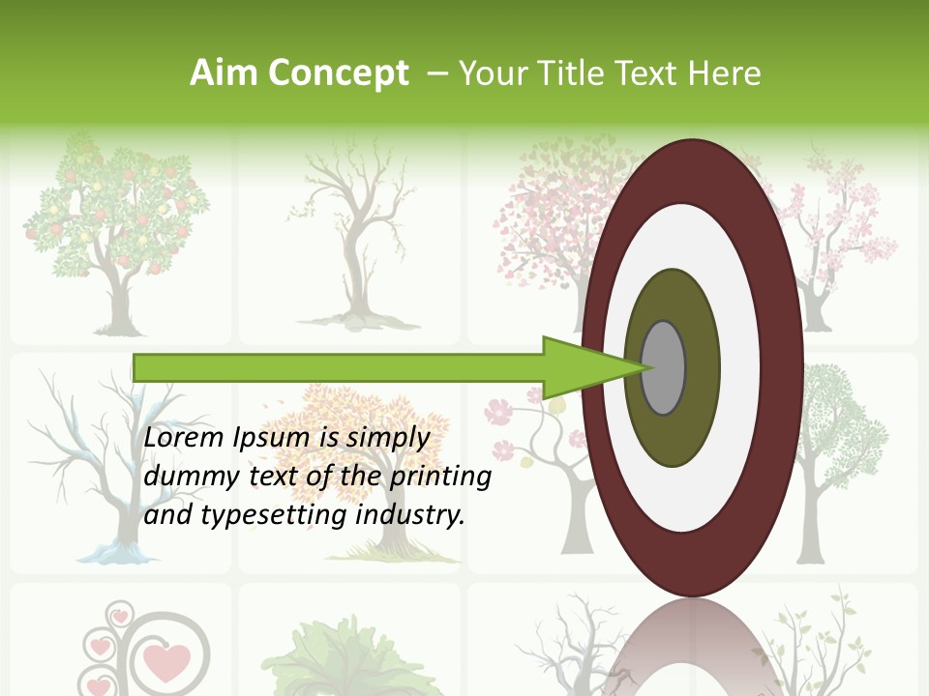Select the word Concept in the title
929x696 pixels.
339,73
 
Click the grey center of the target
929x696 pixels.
664,368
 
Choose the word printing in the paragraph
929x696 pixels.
440,478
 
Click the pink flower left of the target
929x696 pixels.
497,413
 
